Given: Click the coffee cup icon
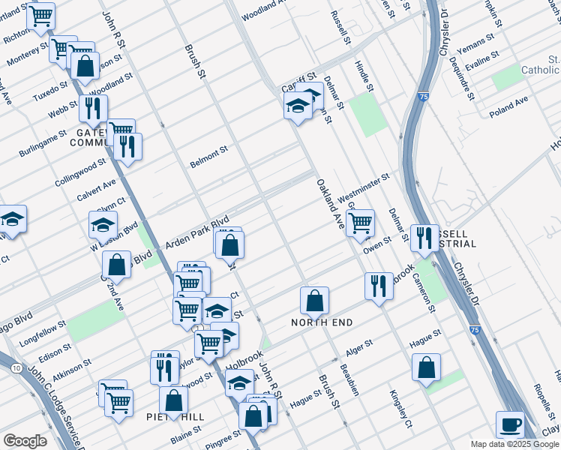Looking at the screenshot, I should click(511, 424).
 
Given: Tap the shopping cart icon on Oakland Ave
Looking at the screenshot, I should click(360, 222).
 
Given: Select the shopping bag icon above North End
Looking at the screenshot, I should click(315, 300).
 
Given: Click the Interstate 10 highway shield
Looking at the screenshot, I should click(16, 367).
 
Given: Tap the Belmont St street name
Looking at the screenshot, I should click(208, 157).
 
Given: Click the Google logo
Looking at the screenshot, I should click(25, 441).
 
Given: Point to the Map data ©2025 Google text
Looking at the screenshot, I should click(514, 444).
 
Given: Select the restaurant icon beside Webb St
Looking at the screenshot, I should click(93, 109).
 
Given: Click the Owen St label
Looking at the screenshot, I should click(377, 242).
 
